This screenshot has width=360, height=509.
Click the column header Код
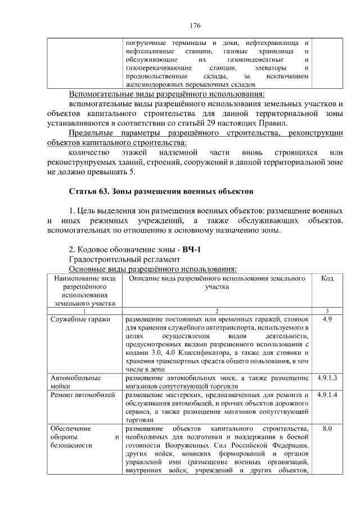pos(327,278)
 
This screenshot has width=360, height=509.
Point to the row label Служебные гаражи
pos(80,319)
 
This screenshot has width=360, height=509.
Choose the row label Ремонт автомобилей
pos(83,395)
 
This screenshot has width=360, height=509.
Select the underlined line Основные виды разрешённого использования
pos(152,269)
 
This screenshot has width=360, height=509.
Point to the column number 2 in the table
pos(217,311)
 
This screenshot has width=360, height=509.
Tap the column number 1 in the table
pos(84,311)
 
